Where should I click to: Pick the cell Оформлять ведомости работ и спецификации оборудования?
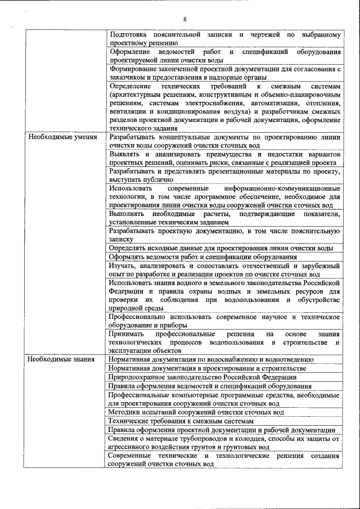click(203, 256)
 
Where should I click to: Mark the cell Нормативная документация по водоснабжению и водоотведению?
click(208, 359)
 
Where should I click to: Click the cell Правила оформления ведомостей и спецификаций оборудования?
click(210, 386)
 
